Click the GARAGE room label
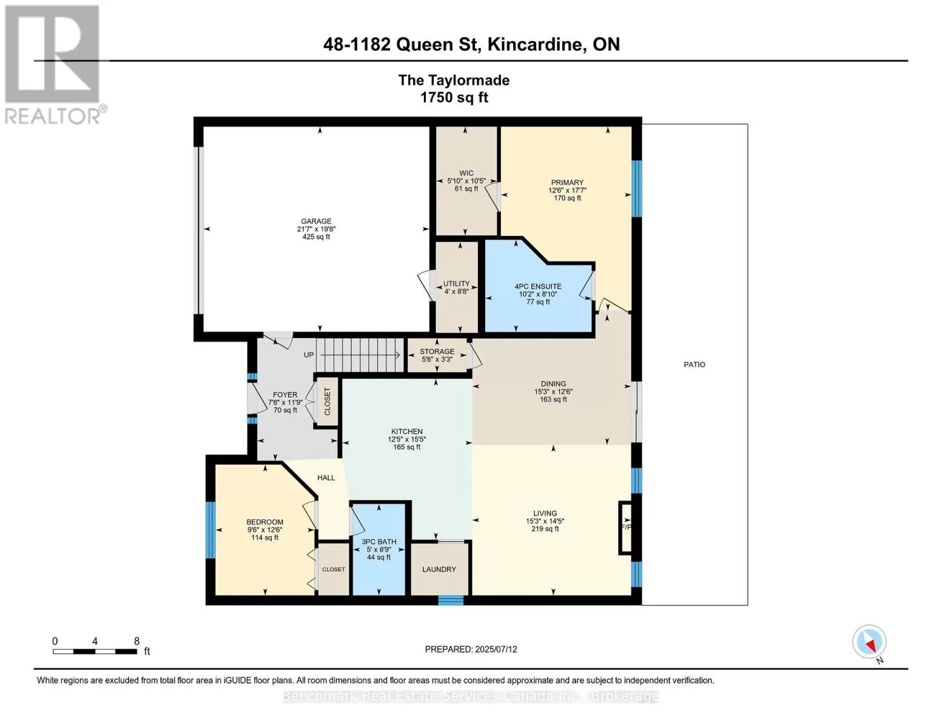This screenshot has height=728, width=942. pos(316,221)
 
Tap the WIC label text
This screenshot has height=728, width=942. pos(466,173)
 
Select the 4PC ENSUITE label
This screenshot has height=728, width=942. pos(537,286)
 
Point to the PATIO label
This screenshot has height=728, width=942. pos(695,365)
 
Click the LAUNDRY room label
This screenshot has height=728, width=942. pos(439,569)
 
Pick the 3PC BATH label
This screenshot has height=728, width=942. pos(379,542)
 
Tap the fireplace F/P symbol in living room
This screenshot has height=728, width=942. pos(625,527)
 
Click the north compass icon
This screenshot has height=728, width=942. pos(869,642)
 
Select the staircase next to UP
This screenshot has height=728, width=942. pos(360,355)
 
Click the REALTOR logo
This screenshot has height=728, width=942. pos(53,65)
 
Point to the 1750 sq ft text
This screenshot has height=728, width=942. pos(454,98)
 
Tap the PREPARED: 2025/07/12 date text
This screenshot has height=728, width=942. pos(471,649)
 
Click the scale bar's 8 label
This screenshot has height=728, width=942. pos(136,641)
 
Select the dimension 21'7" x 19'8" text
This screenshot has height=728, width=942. pos(316,229)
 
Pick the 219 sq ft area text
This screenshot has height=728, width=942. pos(545,529)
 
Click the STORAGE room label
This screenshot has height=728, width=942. pos(437,351)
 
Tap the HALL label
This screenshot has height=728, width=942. pos(326,477)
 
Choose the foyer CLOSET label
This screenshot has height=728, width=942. pos(328,401)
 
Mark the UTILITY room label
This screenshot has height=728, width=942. pos(456,283)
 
